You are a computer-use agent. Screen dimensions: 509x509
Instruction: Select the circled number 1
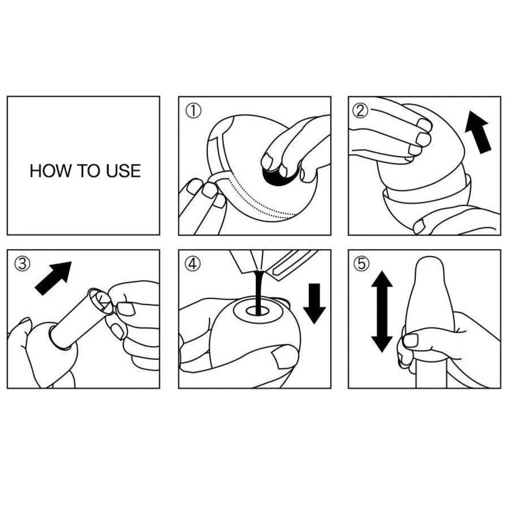tap(193, 110)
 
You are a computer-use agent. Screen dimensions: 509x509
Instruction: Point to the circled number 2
tap(361, 110)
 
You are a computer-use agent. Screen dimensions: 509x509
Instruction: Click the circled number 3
tap(22, 264)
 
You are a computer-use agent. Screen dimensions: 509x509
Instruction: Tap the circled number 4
tap(193, 264)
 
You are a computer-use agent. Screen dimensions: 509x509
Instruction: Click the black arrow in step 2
tap(478, 132)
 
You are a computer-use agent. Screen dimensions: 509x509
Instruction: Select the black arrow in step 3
tap(54, 278)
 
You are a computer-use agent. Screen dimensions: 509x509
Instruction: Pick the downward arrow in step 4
tap(313, 303)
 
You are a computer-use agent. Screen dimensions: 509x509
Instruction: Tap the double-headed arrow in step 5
tap(382, 312)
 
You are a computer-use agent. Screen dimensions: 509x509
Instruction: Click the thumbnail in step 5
tap(410, 340)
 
